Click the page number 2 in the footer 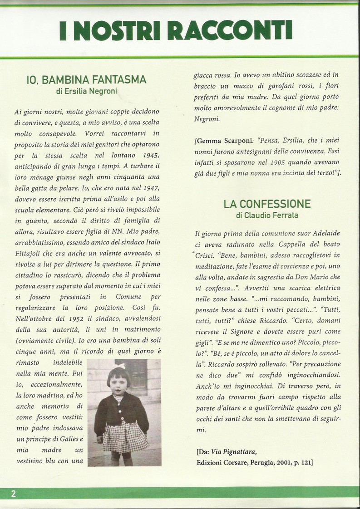pos(13,494)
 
